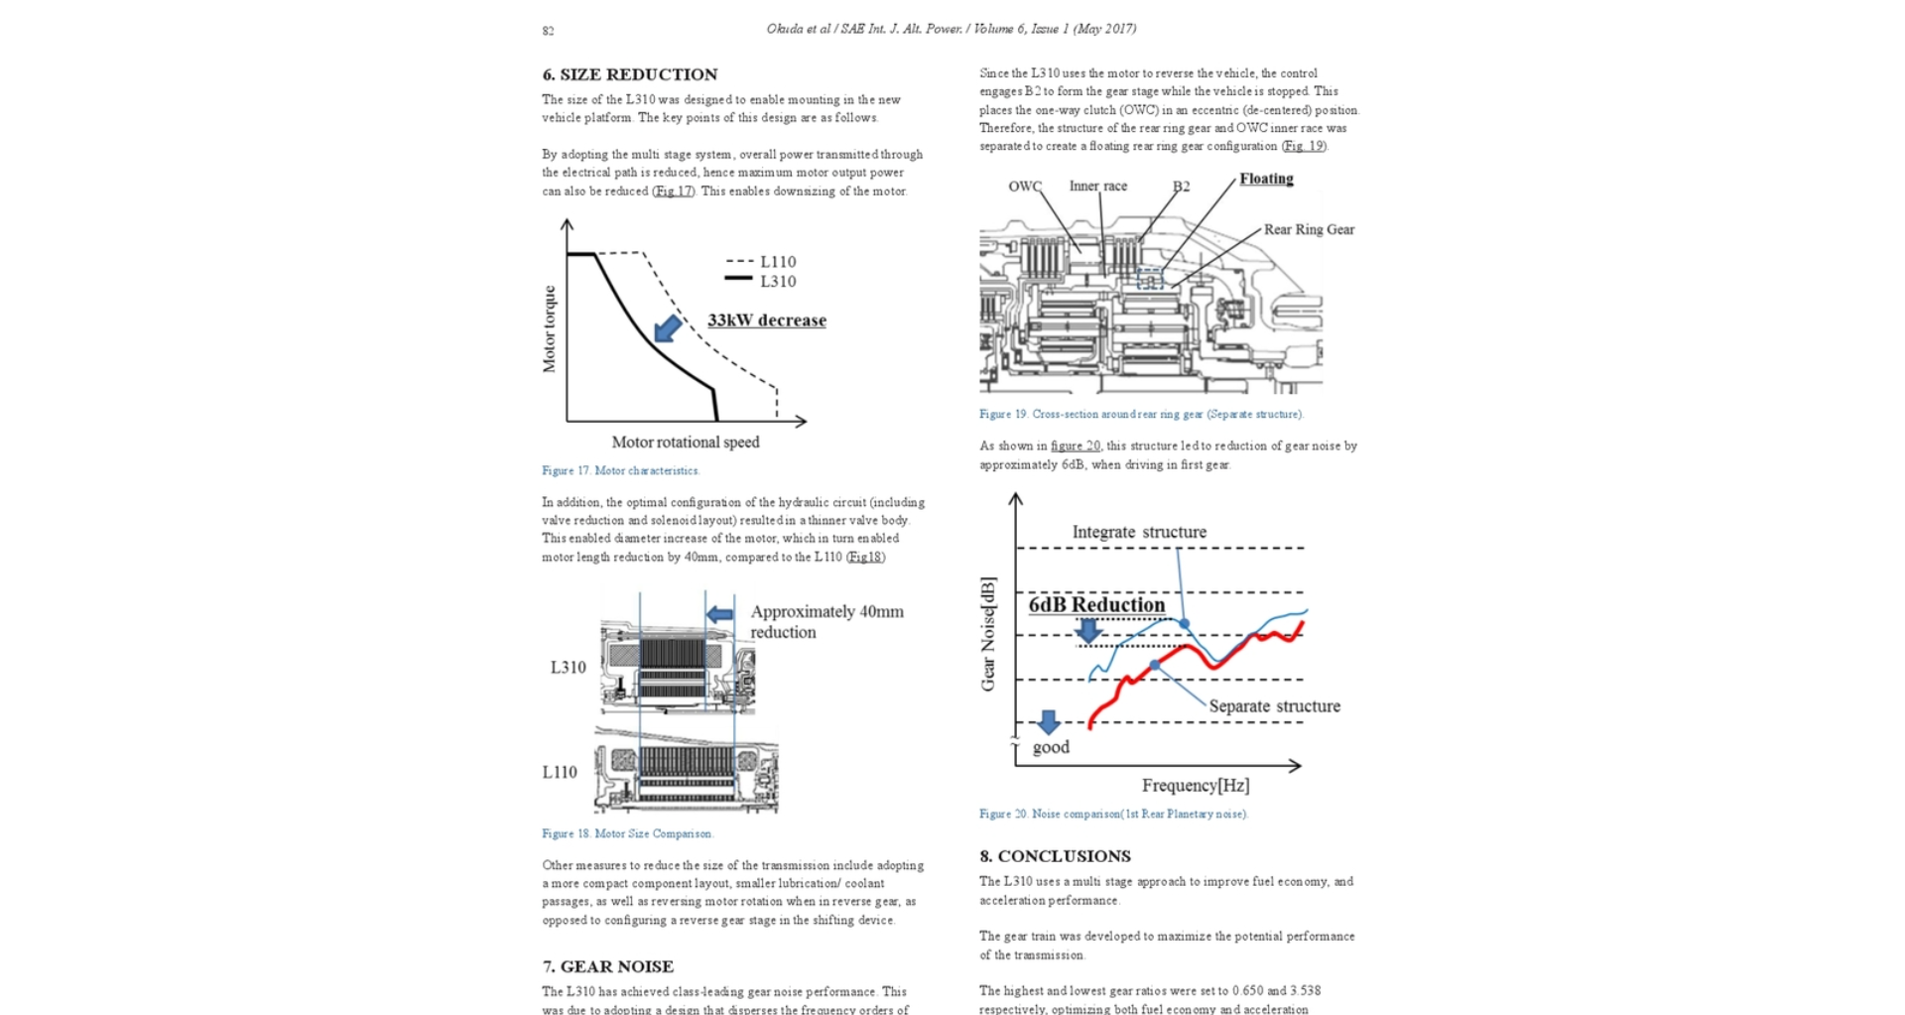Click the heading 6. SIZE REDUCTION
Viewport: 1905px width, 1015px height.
(x=629, y=74)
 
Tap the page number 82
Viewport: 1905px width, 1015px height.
(x=548, y=31)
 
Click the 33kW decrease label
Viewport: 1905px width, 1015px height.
(x=766, y=320)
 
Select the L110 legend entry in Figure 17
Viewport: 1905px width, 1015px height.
(x=762, y=262)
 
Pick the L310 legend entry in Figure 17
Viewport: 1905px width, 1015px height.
(x=762, y=282)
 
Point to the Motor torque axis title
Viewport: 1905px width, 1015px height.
(x=550, y=329)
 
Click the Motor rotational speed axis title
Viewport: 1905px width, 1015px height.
(x=686, y=443)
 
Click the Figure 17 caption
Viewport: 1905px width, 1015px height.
(x=620, y=470)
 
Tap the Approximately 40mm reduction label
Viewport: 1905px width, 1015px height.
(x=826, y=622)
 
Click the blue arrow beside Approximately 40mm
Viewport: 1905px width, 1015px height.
(x=720, y=614)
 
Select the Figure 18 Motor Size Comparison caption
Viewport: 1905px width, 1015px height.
(x=627, y=833)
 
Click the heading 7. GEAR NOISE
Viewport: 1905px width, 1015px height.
(x=607, y=966)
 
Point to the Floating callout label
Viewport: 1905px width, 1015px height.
(x=1266, y=179)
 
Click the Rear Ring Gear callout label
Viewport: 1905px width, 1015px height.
(x=1309, y=229)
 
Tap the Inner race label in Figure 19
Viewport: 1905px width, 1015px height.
(x=1097, y=186)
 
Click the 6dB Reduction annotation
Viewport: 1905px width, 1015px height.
(x=1096, y=605)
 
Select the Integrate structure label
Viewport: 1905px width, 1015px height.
(x=1139, y=533)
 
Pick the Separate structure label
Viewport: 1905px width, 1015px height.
(x=1274, y=706)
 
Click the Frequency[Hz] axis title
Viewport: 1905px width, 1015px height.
(x=1195, y=786)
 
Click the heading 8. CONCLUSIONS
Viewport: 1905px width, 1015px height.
(x=1055, y=856)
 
